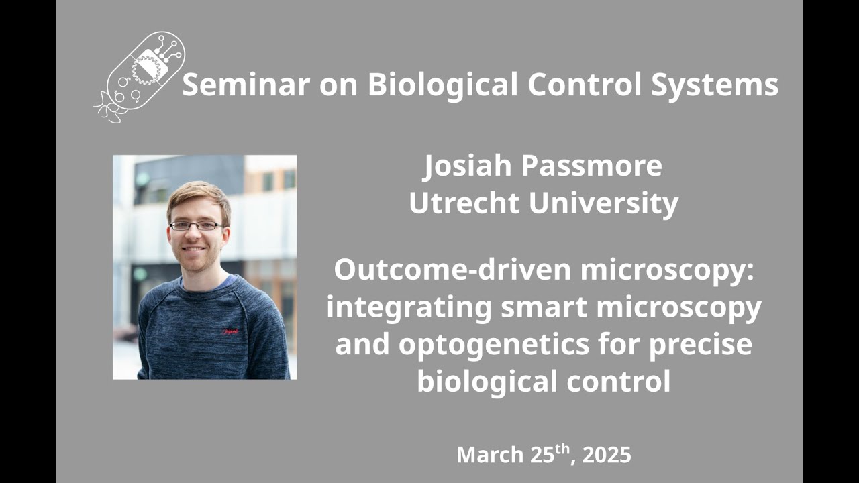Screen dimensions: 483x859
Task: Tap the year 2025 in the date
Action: point(607,455)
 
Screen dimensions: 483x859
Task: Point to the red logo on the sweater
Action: point(231,331)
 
